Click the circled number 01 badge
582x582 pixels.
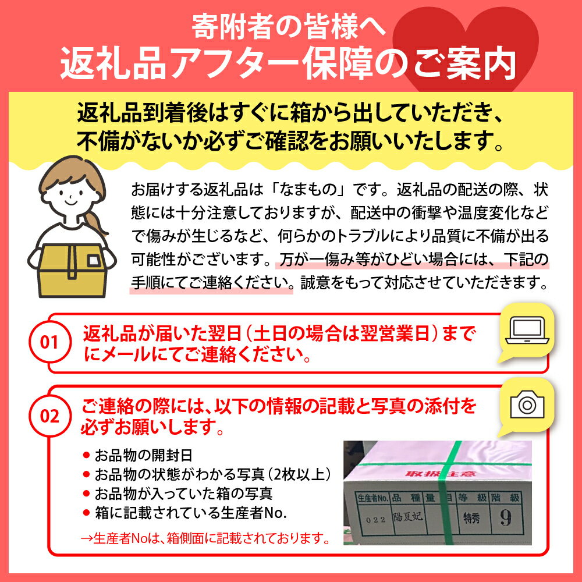(x=49, y=342)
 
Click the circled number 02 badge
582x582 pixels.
(x=49, y=416)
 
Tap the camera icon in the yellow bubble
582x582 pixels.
(x=527, y=404)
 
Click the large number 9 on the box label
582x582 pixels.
(x=506, y=517)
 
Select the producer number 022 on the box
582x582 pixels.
(x=375, y=520)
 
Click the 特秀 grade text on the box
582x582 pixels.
(x=471, y=518)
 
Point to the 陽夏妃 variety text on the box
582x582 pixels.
(x=408, y=516)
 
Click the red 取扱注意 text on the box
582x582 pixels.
(x=435, y=474)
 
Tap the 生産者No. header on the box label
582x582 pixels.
(x=372, y=498)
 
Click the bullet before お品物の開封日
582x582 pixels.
(x=87, y=455)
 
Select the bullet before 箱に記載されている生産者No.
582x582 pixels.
(x=87, y=513)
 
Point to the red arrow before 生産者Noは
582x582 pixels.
(x=87, y=538)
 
